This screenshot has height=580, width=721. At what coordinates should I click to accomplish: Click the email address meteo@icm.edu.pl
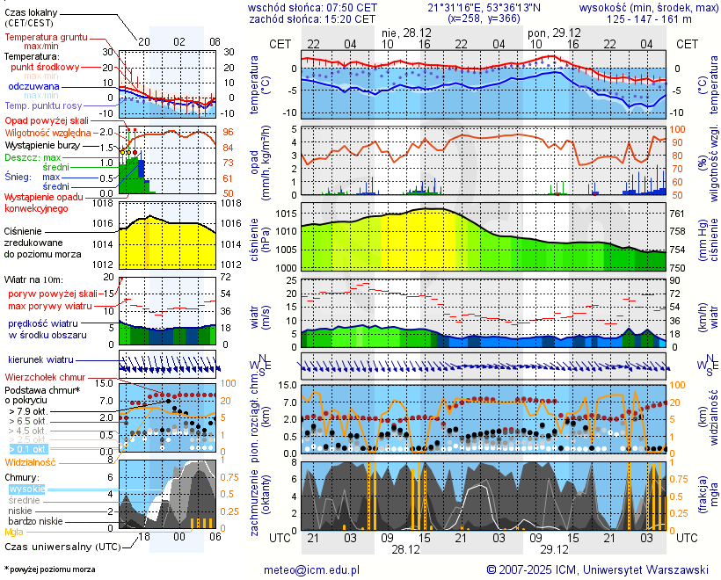[311, 569]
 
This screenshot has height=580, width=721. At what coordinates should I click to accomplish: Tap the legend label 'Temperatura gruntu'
[46, 38]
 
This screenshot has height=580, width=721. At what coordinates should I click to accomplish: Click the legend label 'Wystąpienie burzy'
[41, 144]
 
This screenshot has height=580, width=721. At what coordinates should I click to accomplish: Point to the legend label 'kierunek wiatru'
[40, 360]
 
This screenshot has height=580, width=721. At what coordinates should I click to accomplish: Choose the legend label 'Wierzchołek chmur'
[45, 376]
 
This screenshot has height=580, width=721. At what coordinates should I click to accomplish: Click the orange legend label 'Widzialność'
[31, 461]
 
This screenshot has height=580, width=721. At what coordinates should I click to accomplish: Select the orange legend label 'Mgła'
[14, 532]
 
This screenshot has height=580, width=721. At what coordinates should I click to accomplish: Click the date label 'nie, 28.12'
[405, 32]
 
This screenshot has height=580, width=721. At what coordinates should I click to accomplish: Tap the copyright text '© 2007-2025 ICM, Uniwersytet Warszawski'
[598, 569]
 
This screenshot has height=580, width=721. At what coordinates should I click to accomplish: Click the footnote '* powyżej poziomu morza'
[49, 569]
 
